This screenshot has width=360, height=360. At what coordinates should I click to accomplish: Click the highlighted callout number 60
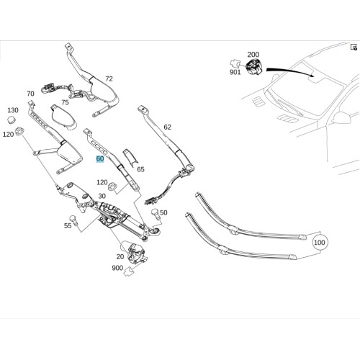click(x=100, y=159)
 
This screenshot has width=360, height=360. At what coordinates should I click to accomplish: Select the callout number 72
click(x=109, y=78)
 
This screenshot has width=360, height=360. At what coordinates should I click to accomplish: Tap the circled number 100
click(x=320, y=243)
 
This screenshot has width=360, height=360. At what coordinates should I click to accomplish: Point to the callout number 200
click(x=253, y=55)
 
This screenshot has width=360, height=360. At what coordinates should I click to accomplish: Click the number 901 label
click(x=235, y=72)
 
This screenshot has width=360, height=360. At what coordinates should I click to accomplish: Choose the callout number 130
click(x=13, y=110)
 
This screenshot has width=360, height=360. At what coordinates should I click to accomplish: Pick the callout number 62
click(x=167, y=127)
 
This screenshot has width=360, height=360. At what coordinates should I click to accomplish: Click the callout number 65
click(x=140, y=169)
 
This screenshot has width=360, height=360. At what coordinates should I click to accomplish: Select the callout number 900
click(x=117, y=268)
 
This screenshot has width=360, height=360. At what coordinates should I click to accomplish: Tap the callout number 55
click(x=68, y=225)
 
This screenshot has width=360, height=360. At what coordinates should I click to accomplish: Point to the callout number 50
click(x=163, y=212)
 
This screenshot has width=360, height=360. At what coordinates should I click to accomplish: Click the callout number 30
click(x=102, y=196)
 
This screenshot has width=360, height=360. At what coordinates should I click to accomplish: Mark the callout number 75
click(x=65, y=102)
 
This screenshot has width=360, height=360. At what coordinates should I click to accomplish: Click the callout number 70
click(x=30, y=94)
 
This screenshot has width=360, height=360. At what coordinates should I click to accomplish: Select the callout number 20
click(x=120, y=256)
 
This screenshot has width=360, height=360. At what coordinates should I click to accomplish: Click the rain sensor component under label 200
click(x=254, y=66)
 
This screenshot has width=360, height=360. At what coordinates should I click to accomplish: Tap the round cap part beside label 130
click(x=11, y=120)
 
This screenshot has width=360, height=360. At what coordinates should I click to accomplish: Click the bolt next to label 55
click(x=73, y=220)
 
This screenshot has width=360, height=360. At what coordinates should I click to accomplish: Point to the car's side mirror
click(x=341, y=118)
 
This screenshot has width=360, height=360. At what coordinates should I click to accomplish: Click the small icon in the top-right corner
click(x=354, y=47)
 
